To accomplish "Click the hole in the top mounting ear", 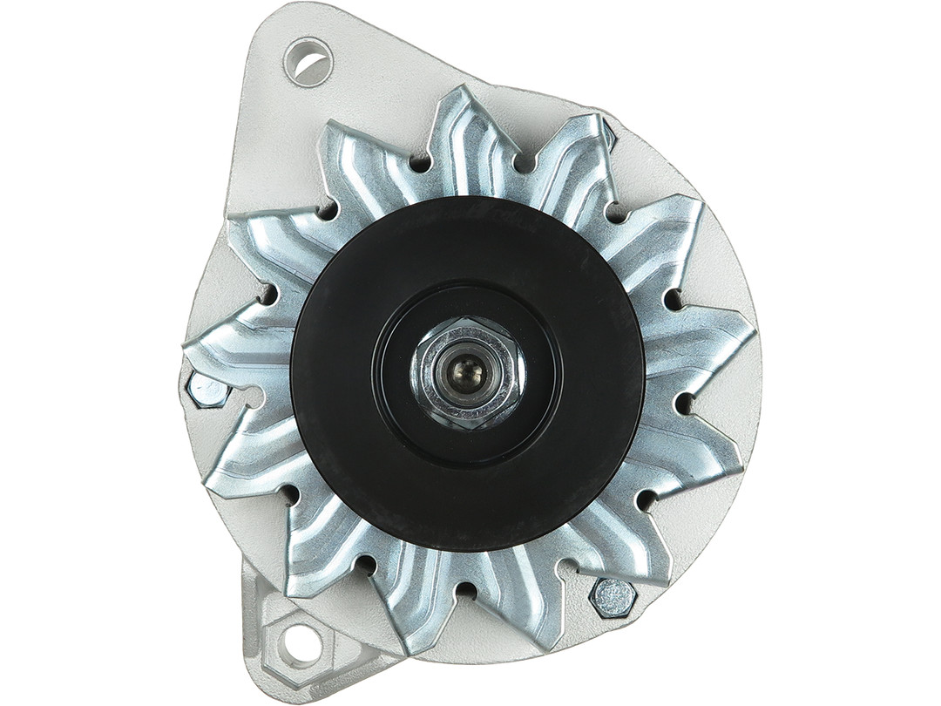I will coord(308,62).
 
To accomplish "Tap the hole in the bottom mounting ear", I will coord(300,642).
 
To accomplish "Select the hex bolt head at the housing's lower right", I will coord(613,598).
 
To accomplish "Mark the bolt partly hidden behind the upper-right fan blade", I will coord(608,135).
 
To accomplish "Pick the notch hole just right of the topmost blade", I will coord(523,162).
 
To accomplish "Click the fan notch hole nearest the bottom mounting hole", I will coord(366,565).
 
